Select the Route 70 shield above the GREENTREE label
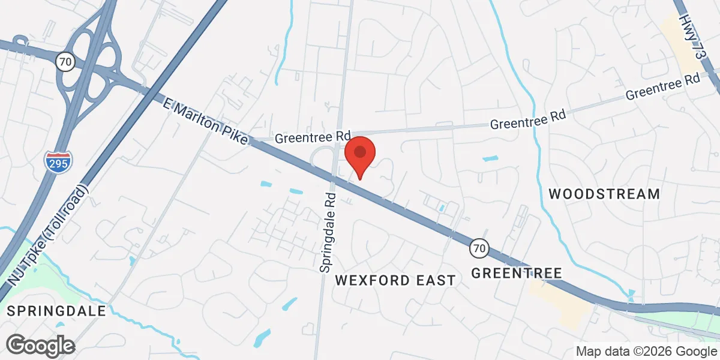click(x=478, y=247)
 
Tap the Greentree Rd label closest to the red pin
click(x=312, y=137)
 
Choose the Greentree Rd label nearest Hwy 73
click(x=663, y=86)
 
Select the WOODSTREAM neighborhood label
click(x=604, y=194)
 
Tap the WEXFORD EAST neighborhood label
click(x=395, y=280)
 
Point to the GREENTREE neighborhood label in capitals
click(x=516, y=274)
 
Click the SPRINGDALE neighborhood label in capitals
click(x=56, y=311)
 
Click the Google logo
click(x=40, y=345)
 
